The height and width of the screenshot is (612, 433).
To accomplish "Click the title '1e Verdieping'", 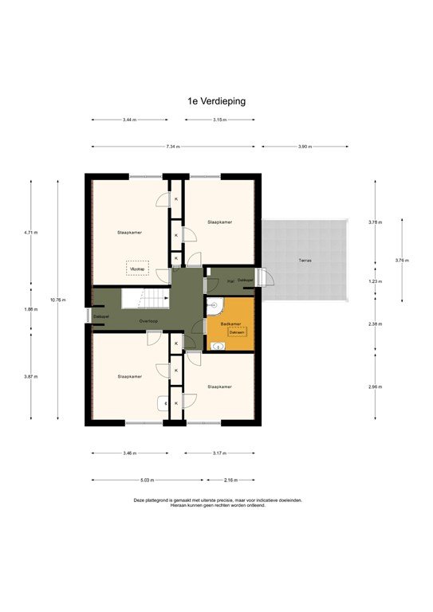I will pyautogui.click(x=216, y=101).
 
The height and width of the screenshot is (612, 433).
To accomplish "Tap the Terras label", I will pyautogui.click(x=305, y=261).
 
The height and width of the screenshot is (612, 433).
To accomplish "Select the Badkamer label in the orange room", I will pyautogui.click(x=230, y=324).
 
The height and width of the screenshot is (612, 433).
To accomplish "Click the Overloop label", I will pyautogui.click(x=148, y=320).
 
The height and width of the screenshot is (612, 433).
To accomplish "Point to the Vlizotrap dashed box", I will pyautogui.click(x=138, y=269).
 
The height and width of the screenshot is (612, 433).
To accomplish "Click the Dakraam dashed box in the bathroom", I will pyautogui.click(x=237, y=332).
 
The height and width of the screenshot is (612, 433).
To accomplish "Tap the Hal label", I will pyautogui.click(x=230, y=280).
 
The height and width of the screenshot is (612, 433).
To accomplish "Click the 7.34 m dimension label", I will pyautogui.click(x=173, y=147).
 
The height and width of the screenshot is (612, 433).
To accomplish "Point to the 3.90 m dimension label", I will pyautogui.click(x=305, y=147).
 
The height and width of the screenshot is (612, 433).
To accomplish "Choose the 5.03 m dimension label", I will pyautogui.click(x=147, y=481).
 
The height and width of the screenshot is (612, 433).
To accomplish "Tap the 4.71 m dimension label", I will pyautogui.click(x=31, y=232).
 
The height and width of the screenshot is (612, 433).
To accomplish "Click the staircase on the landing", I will pyautogui.click(x=144, y=300).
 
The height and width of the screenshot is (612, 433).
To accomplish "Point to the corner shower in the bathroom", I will pyautogui.click(x=213, y=305).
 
